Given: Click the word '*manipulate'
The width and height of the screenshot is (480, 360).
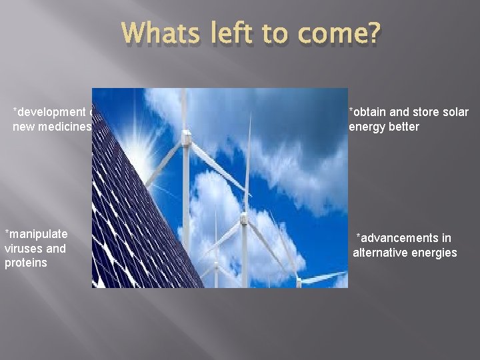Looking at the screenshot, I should pos(36,234).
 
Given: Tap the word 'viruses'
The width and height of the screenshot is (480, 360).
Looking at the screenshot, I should pos(24,249).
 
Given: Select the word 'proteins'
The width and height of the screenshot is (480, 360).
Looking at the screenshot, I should pos(25,263).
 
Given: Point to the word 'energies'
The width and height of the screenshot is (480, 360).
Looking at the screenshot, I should pos(434,253).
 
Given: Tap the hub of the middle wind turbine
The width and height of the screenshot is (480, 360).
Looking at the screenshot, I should pos(243,217).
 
